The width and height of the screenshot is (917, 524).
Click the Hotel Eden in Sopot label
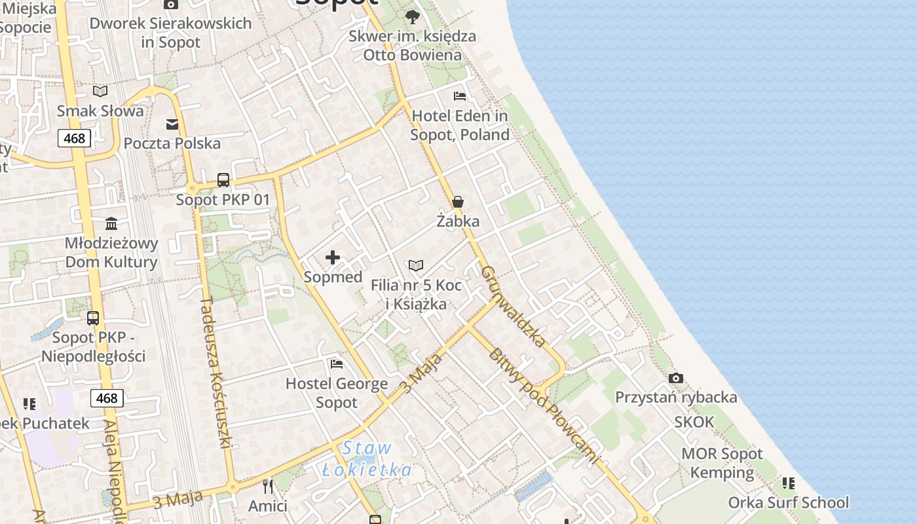pos(460,126)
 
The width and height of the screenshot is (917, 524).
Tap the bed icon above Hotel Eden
pos(460,96)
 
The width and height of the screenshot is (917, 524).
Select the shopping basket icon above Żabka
pos(458,202)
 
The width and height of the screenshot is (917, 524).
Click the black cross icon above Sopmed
pos(333,257)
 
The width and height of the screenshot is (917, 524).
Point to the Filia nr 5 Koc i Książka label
pos(416,295)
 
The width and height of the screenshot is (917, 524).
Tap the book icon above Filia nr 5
pos(416,265)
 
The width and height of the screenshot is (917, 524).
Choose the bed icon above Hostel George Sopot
pos(337,364)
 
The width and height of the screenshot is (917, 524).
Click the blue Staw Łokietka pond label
pos(367,459)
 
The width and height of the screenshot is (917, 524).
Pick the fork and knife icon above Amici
pos(268,486)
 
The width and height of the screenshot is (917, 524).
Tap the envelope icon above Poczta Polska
pos(172,124)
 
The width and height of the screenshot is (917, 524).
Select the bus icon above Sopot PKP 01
pos(223,180)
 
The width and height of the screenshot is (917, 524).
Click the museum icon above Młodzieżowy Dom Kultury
pos(111,224)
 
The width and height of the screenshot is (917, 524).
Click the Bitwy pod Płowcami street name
pos(544,406)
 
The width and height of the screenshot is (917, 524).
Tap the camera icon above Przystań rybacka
pos(676,378)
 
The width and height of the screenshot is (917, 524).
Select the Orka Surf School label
pos(789,502)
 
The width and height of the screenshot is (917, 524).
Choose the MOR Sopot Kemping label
pos(722,463)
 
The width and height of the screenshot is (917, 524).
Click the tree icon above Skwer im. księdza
pos(412,16)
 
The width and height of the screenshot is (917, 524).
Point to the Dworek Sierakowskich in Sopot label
pos(170,33)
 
